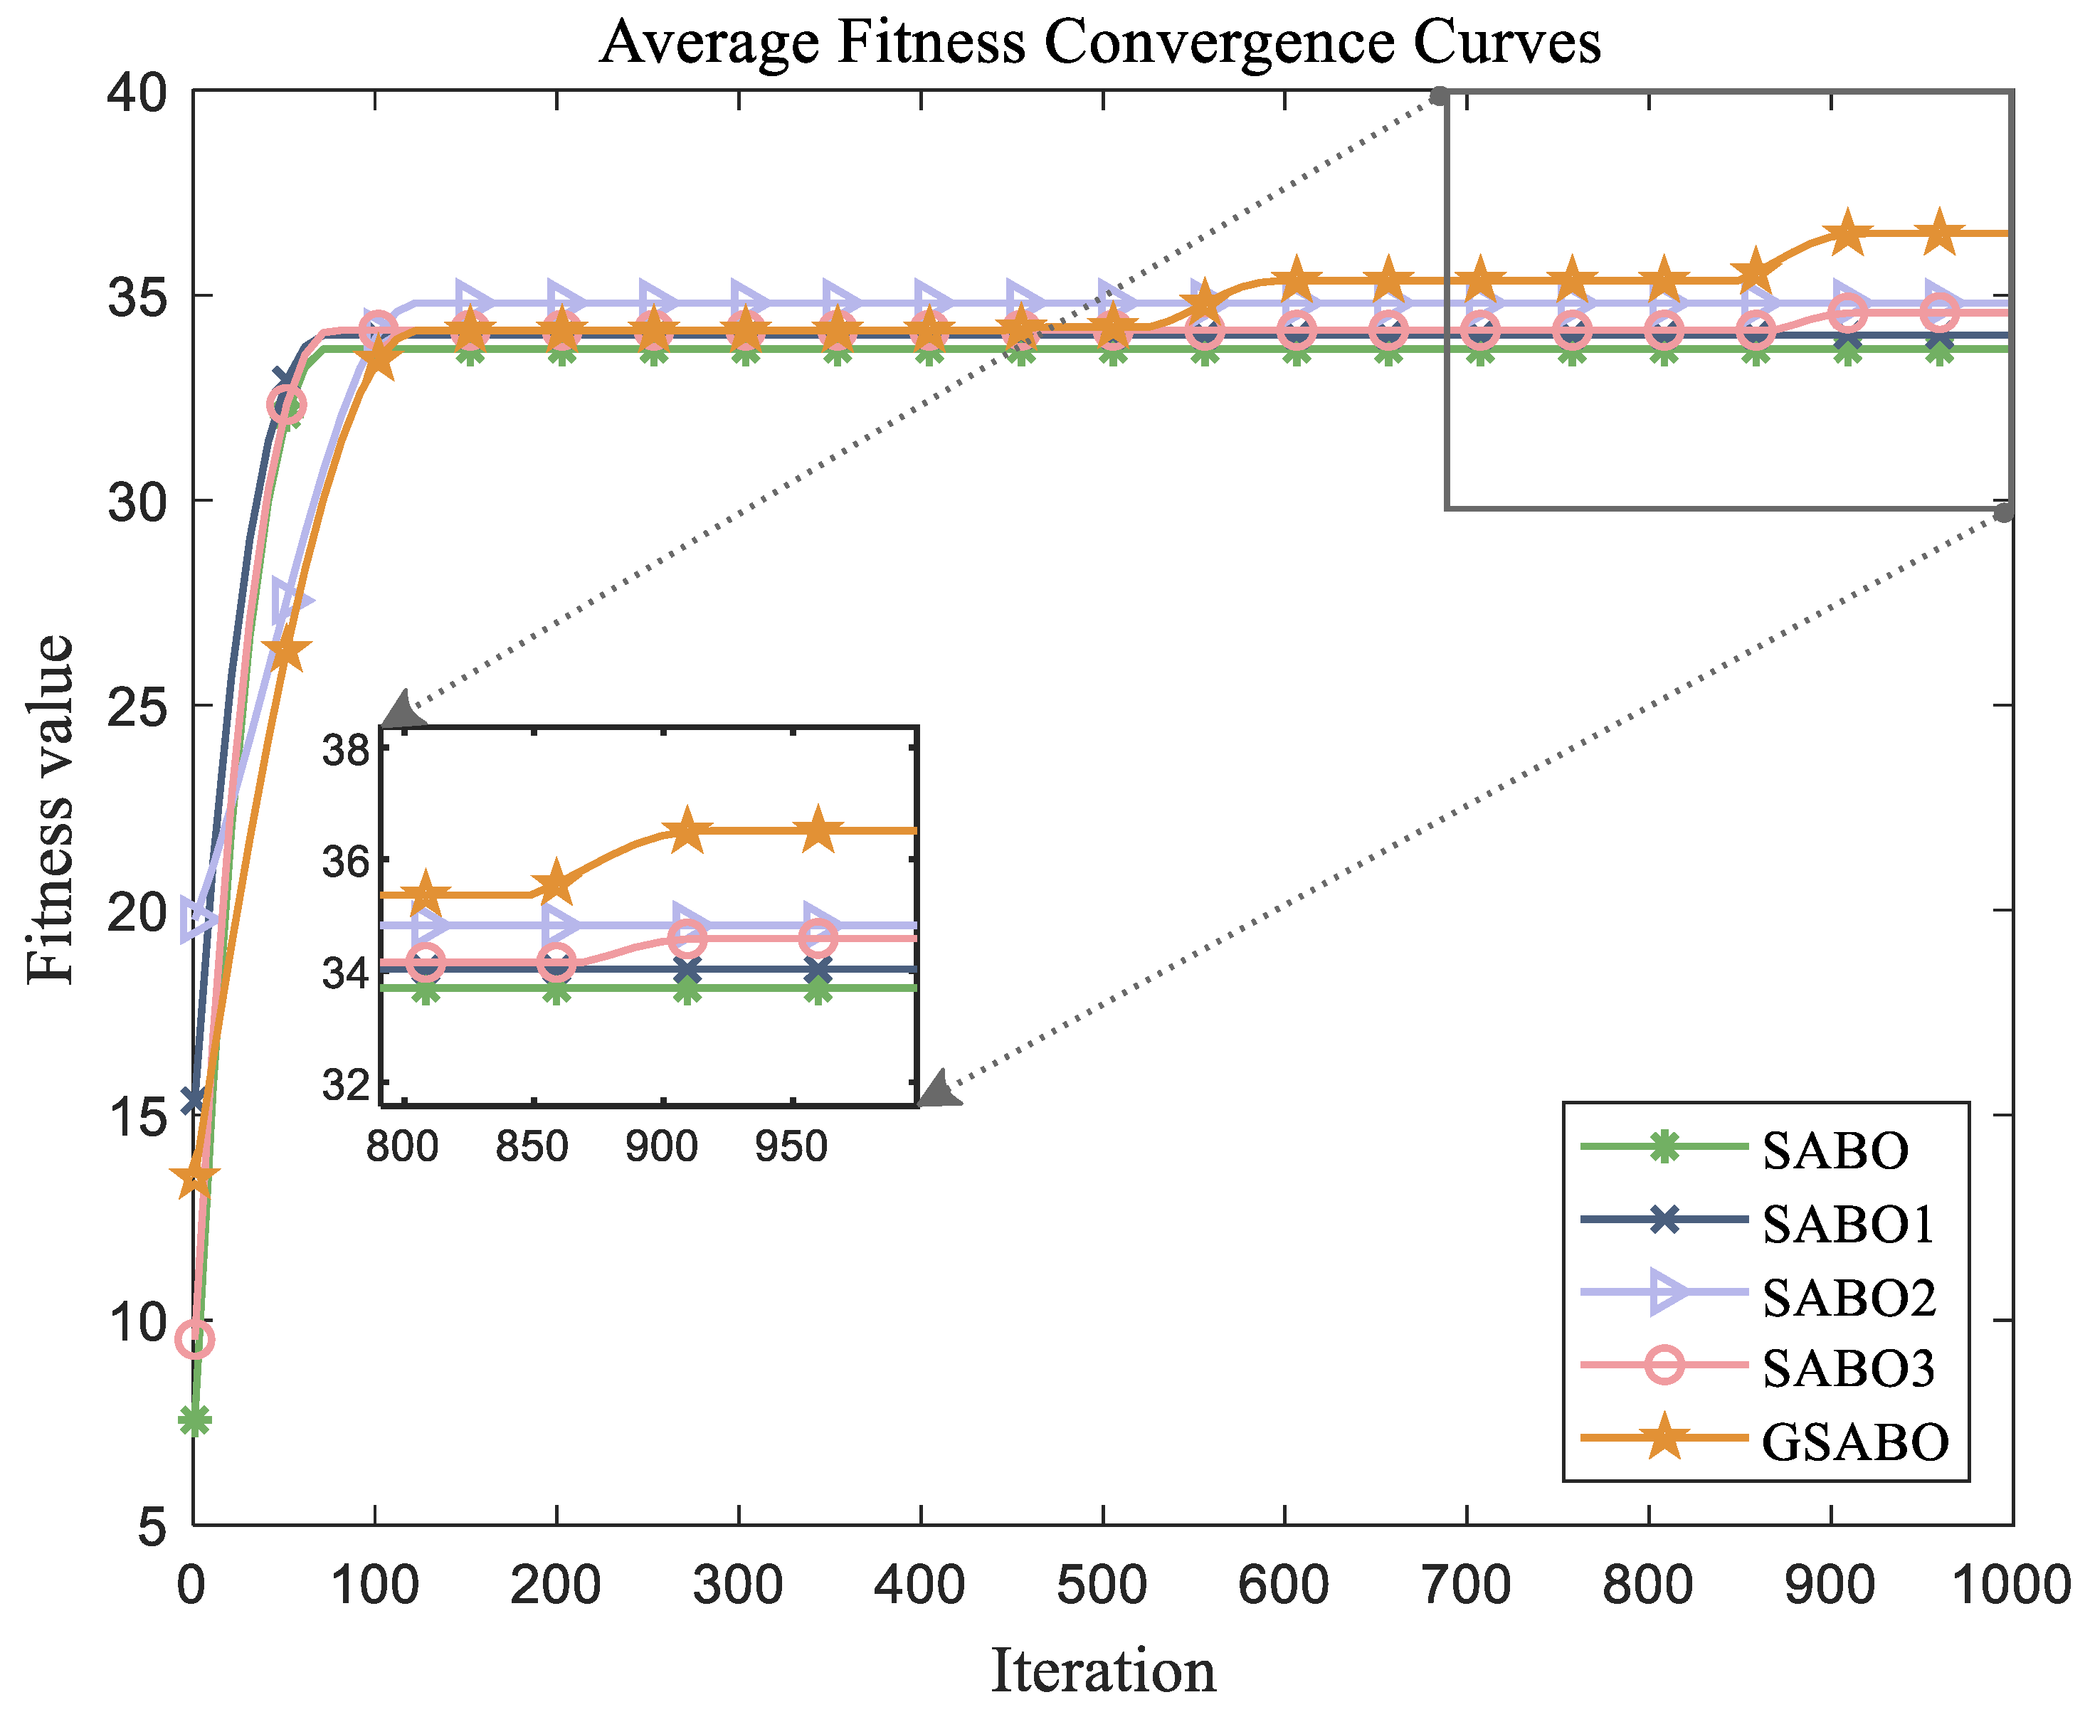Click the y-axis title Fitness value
49,808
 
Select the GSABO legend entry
1854,1441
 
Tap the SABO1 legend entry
1847,1223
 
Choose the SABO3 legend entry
1847,1368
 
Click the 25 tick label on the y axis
137,706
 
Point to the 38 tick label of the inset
345,751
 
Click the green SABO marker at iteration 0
194,1421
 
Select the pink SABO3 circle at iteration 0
194,1339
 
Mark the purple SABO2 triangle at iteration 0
197,920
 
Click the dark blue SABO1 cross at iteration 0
194,1099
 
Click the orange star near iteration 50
286,652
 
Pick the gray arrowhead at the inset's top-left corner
402,712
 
